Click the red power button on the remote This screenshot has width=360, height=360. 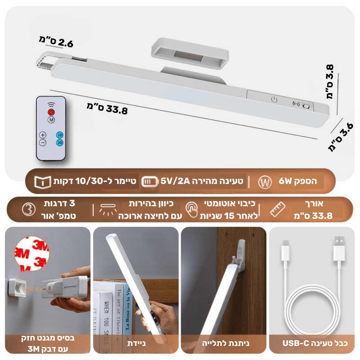[51, 112]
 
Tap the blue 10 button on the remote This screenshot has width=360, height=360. [60, 135]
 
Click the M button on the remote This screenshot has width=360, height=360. [51, 120]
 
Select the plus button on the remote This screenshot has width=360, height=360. [43, 135]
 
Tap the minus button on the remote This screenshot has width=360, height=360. [43, 143]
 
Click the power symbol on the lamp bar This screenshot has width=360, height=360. [274, 99]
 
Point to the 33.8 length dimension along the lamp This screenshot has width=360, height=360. [107, 109]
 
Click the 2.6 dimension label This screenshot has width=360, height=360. [56, 41]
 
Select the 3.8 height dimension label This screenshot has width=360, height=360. [330, 82]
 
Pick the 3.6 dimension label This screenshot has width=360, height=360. [341, 137]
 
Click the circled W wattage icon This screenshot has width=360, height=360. [265, 183]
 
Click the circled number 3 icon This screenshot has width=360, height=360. [29, 210]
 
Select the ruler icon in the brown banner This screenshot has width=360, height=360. [278, 209]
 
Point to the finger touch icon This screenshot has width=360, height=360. [192, 209]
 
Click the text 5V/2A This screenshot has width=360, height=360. [175, 181]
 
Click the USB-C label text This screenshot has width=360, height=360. [296, 343]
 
